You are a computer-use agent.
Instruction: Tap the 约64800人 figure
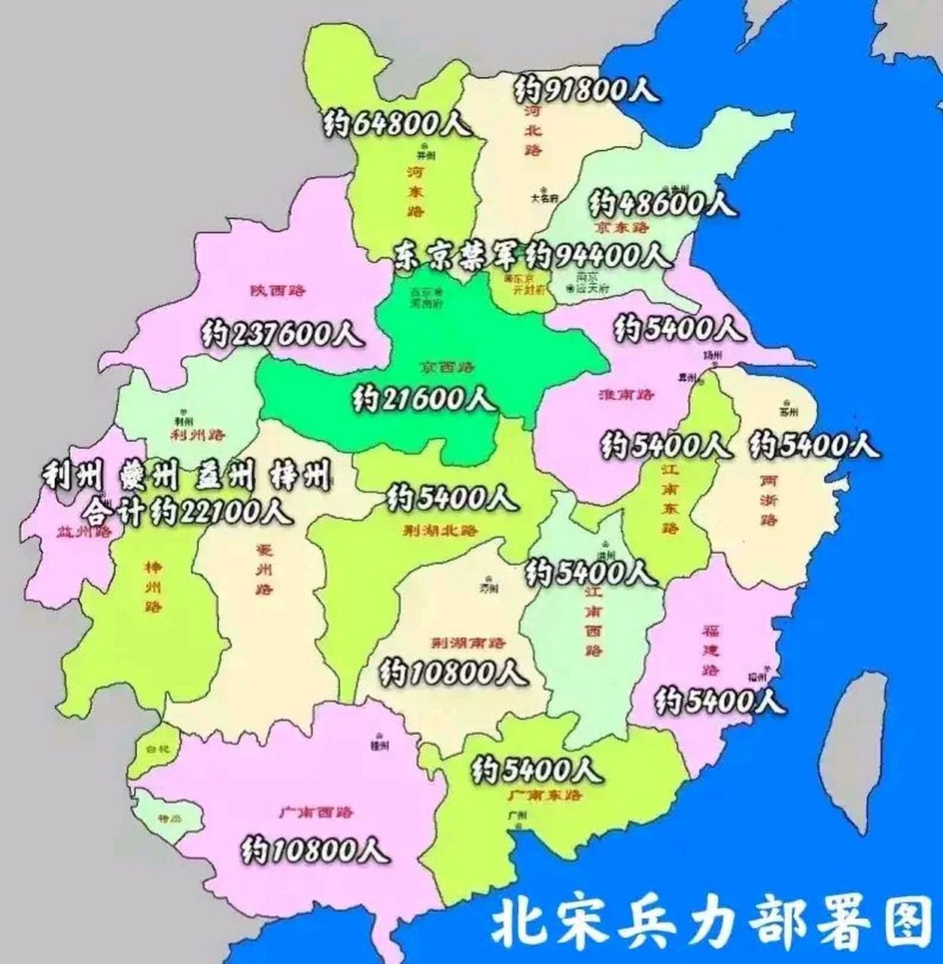(x=397, y=124)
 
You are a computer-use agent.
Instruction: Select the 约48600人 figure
(x=663, y=203)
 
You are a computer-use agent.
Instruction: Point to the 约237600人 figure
(x=283, y=334)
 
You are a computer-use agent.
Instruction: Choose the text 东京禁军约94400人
(x=531, y=256)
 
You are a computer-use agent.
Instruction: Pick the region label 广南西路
(x=315, y=813)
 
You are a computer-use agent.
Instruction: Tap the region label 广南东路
(x=544, y=795)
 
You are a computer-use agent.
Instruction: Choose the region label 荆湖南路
(x=467, y=643)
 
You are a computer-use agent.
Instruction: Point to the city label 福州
(x=757, y=677)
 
